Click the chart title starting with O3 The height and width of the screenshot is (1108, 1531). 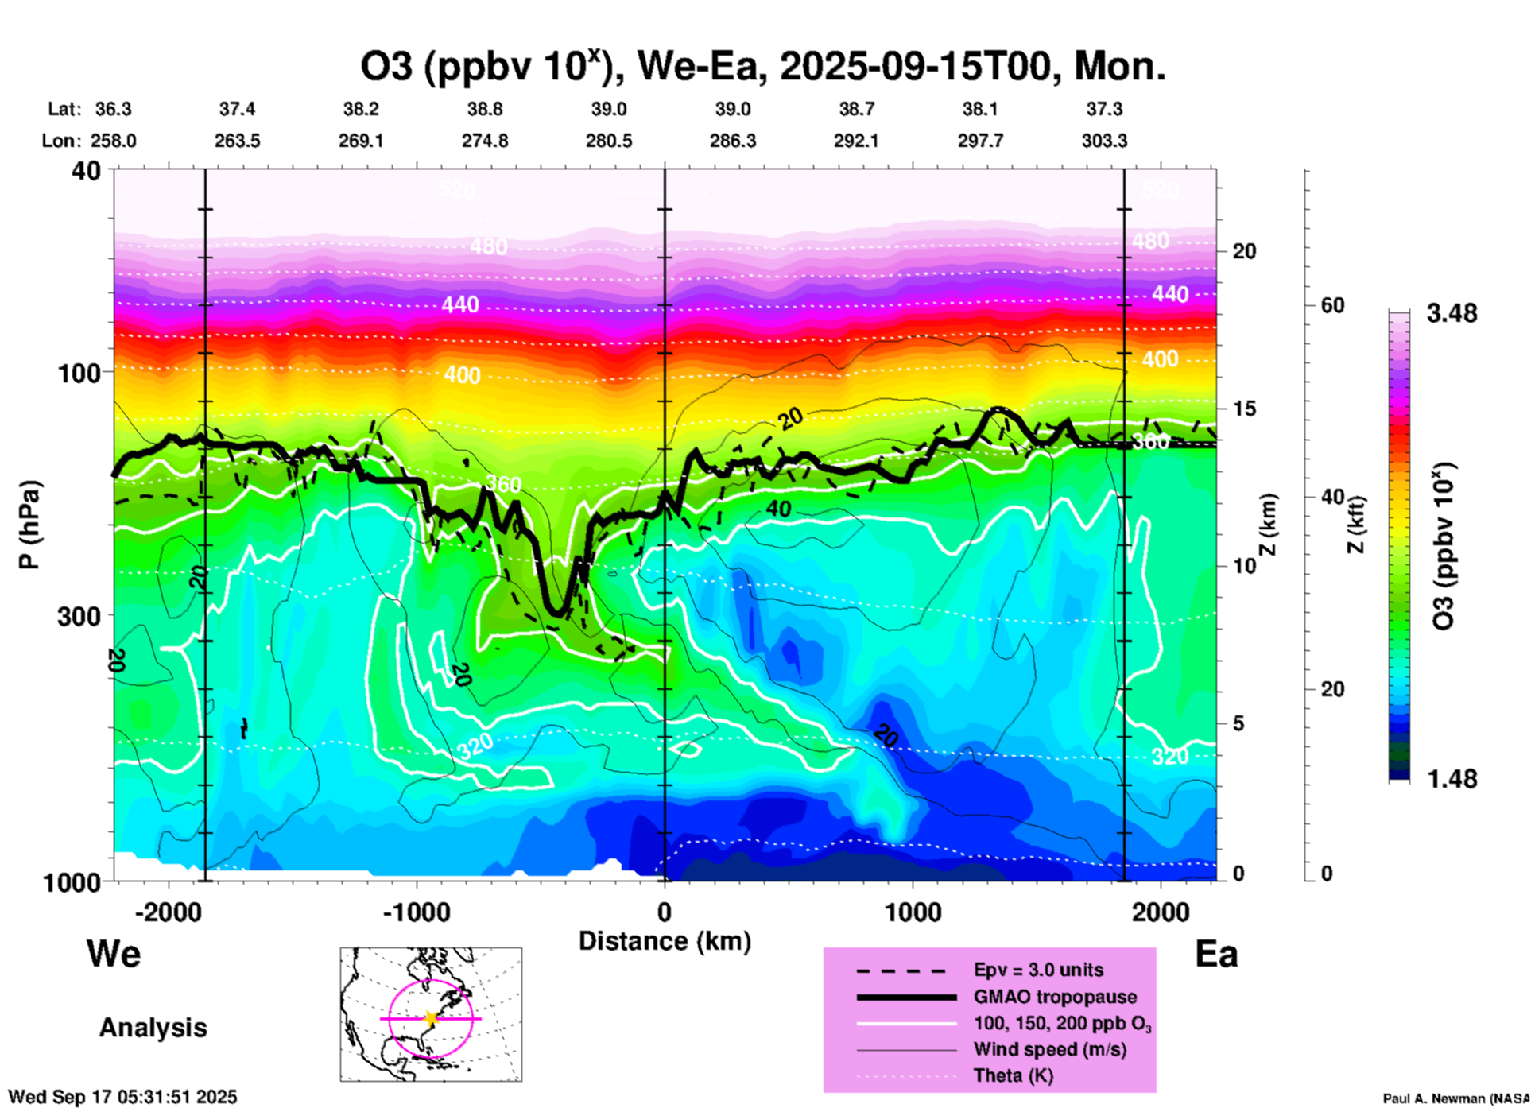(x=763, y=67)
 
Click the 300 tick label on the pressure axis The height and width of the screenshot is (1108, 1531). (x=79, y=616)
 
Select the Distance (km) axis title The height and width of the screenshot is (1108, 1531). (x=665, y=941)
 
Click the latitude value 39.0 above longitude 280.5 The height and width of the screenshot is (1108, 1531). (x=609, y=109)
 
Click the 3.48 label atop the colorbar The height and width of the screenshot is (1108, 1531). (x=1452, y=313)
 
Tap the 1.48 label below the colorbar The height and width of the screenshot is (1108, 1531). (x=1452, y=778)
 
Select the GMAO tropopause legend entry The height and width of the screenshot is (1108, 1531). (x=1055, y=997)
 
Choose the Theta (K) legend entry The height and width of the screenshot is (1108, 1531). (x=1013, y=1075)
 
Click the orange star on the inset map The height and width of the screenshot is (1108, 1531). (x=431, y=1018)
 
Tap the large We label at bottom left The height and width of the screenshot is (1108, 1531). (x=114, y=953)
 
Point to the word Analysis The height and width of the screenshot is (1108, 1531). (x=153, y=1028)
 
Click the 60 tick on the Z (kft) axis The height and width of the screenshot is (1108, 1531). (x=1332, y=305)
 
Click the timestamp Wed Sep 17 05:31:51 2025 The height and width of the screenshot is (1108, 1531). (x=123, y=1097)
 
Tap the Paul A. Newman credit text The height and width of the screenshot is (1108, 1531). (x=1455, y=1098)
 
